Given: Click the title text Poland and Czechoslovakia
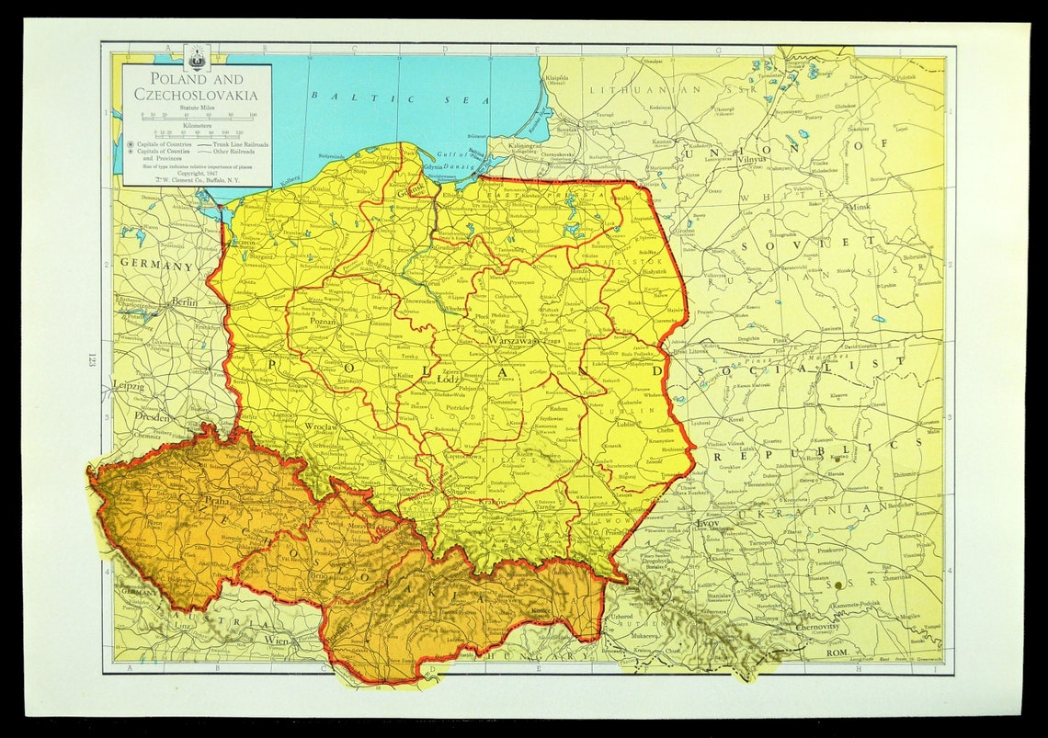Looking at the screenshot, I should (196, 86).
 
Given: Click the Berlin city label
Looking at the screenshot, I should (185, 302).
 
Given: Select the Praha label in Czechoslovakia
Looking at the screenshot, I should (217, 503).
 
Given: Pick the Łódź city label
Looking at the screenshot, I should (448, 379).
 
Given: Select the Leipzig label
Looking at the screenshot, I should (128, 386).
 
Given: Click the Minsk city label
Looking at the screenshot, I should (859, 208).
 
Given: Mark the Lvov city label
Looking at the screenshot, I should (708, 523).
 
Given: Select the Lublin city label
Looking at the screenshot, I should (627, 426).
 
